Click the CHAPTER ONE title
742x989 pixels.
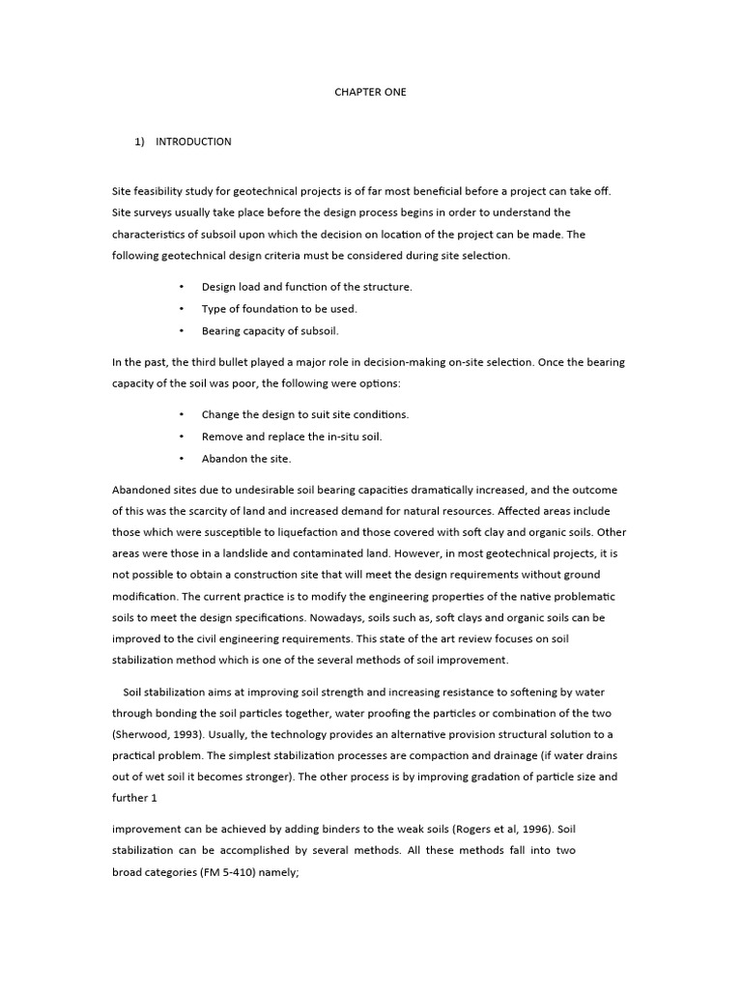click(x=371, y=92)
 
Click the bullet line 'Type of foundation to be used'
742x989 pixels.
click(x=279, y=309)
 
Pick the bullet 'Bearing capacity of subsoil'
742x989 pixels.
click(x=271, y=330)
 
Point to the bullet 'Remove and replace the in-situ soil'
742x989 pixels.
click(x=292, y=437)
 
